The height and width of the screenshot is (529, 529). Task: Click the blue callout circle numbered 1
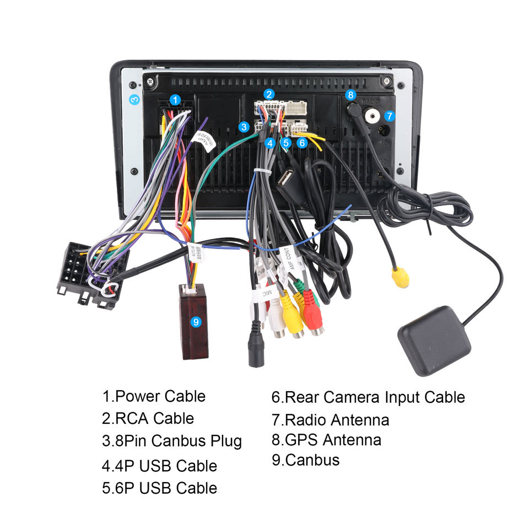tap(175, 100)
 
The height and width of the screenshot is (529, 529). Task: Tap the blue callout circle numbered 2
tap(269, 94)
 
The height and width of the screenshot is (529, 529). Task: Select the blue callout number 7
tap(390, 116)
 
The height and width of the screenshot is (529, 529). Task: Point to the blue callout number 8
tap(351, 95)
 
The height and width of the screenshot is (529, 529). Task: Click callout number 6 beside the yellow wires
tap(301, 143)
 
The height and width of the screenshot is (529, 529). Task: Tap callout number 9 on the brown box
tap(196, 322)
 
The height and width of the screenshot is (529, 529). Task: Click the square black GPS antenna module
tap(434, 341)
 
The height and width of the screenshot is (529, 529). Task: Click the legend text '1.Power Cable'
tap(153, 396)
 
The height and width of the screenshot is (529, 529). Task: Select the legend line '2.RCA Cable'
tap(148, 418)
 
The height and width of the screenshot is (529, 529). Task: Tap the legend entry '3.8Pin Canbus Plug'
tap(171, 441)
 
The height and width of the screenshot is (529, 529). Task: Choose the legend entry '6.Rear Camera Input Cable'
tap(368, 397)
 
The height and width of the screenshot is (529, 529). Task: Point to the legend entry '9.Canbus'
tap(305, 460)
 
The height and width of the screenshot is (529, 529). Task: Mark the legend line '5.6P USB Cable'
tap(159, 488)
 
